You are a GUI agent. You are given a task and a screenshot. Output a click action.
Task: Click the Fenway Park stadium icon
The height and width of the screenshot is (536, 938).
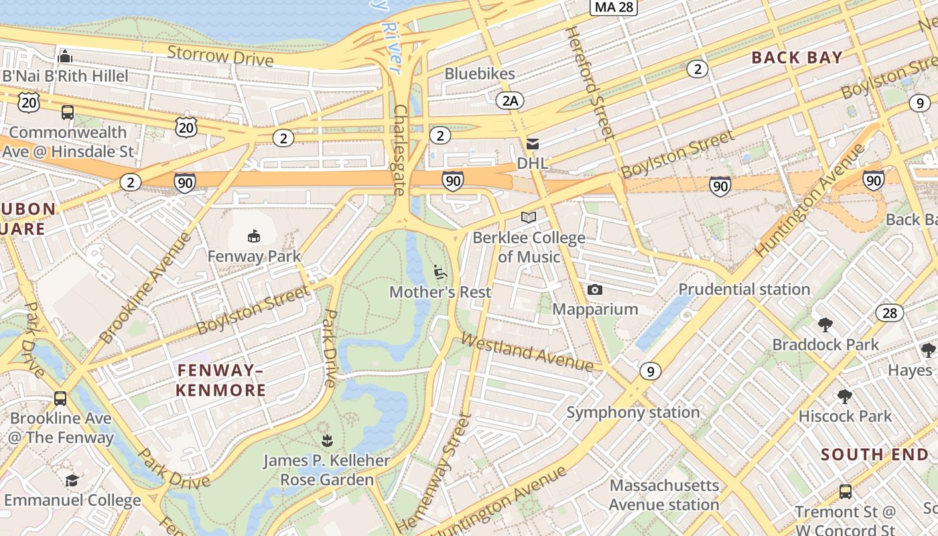pos(253,236)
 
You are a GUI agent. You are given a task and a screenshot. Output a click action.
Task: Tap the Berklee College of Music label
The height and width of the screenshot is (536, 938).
pos(529,247)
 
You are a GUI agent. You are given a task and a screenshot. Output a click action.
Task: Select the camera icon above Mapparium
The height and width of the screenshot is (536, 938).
pos(594,289)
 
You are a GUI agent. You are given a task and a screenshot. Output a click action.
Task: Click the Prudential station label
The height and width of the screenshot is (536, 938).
pos(744,289)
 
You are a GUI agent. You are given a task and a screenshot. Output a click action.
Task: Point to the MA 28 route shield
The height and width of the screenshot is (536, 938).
pos(613,7)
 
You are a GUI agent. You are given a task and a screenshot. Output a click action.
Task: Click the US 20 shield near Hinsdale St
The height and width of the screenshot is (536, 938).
pos(29,102)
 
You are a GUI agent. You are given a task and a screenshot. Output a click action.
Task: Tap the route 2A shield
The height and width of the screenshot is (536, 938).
pos(510,100)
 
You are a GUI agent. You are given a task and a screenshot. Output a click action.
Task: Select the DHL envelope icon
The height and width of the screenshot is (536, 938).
pos(533,144)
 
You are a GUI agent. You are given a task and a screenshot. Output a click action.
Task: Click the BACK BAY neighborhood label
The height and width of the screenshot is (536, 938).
pos(797,58)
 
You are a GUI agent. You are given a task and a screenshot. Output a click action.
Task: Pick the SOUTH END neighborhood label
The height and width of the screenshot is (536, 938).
pos(875,454)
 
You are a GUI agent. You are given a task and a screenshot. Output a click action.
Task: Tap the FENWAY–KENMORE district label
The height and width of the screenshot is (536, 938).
pos(221,380)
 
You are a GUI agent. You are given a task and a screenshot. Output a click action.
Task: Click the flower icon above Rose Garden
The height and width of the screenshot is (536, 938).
pos(326,440)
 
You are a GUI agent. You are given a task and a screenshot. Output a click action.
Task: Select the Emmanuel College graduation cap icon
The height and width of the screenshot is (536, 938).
pos(72,480)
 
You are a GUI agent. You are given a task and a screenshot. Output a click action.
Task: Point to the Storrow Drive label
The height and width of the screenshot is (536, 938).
pos(220,56)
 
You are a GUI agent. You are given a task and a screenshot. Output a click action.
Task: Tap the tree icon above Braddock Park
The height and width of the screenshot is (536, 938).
pos(825,325)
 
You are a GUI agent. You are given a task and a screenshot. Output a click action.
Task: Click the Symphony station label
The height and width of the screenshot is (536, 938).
pos(633,412)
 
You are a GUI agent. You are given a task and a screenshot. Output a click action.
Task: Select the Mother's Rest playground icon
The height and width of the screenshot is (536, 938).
pos(440,272)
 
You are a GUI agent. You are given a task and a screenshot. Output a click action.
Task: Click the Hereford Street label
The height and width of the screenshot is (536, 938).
pos(590,83)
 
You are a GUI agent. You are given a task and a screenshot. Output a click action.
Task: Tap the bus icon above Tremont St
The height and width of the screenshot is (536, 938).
pos(845,491)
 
